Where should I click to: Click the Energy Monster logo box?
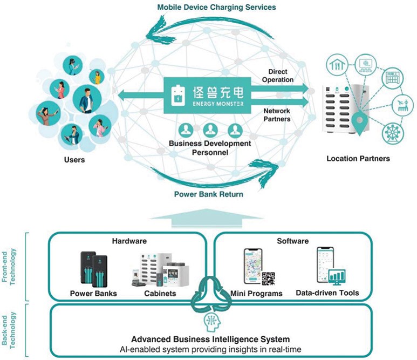(x=207, y=95)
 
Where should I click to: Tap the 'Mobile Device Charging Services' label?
(x=216, y=7)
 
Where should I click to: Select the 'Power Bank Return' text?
(x=208, y=194)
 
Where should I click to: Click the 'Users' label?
(x=74, y=160)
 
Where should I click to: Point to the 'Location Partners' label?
(x=358, y=159)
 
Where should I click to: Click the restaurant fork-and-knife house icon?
(x=337, y=65)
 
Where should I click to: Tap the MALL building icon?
(x=393, y=78)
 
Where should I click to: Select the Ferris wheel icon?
(x=393, y=133)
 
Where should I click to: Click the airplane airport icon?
(x=403, y=105)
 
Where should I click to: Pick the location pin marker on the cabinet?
(x=359, y=123)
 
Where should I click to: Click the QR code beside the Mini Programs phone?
(x=268, y=279)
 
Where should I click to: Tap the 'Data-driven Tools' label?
(x=327, y=293)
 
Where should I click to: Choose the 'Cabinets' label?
(x=160, y=294)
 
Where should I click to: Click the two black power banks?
(x=94, y=269)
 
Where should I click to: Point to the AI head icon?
(x=212, y=322)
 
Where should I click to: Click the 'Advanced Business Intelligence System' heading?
(x=210, y=339)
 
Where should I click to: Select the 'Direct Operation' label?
(x=278, y=76)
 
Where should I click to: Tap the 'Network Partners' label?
(x=277, y=115)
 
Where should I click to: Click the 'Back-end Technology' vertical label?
(x=9, y=330)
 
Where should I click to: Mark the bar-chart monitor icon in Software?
(x=337, y=277)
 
